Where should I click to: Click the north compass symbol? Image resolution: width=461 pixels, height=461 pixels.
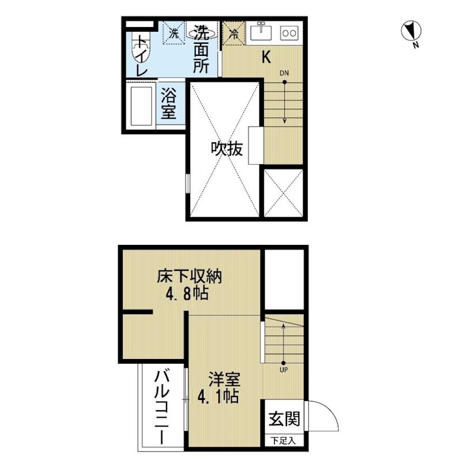411,31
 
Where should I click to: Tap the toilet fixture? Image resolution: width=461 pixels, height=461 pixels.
141,47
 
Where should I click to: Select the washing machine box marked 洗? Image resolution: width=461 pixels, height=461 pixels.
174,33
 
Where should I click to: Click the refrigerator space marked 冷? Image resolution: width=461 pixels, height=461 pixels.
234,33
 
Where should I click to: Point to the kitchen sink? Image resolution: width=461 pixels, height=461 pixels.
261,32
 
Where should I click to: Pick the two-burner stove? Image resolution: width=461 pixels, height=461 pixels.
289,33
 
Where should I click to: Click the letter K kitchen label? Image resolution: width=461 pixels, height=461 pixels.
266,57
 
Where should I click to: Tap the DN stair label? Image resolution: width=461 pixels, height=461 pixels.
284,73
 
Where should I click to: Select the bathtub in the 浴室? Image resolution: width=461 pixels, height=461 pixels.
141,106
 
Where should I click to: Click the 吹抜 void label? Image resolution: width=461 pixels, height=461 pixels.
226,149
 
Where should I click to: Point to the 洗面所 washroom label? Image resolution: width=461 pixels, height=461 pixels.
201,49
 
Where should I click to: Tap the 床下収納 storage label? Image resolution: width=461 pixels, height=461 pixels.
190,276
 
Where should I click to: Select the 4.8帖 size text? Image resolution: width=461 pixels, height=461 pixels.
187,293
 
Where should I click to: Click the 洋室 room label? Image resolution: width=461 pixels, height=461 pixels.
224,379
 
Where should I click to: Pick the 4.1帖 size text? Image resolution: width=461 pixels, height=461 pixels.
218,396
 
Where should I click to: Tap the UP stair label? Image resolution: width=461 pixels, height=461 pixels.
284,369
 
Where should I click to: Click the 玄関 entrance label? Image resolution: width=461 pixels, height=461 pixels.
284,419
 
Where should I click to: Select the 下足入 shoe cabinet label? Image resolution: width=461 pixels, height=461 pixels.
283,441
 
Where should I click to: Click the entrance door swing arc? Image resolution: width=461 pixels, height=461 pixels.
330,410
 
